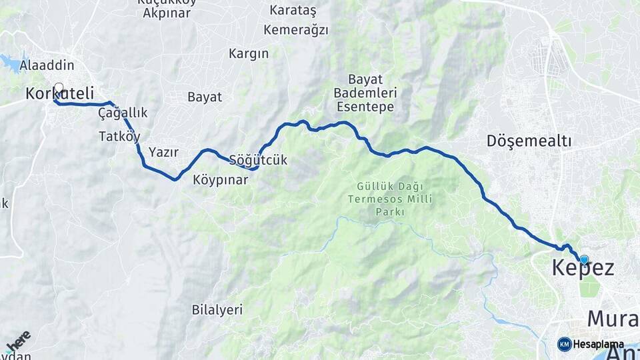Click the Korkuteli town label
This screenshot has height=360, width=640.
pyautogui.click(x=59, y=94)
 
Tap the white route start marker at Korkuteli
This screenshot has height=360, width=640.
pyautogui.click(x=59, y=87)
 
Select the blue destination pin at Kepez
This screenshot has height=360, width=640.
pyautogui.click(x=585, y=260)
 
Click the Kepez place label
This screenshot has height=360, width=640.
pyautogui.click(x=583, y=269)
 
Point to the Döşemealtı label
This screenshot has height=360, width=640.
pyautogui.click(x=529, y=141)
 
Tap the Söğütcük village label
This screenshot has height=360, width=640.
pyautogui.click(x=258, y=160)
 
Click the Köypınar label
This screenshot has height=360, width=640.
pyautogui.click(x=220, y=179)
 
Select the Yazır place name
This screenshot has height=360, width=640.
pyautogui.click(x=164, y=152)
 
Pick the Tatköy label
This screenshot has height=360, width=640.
pyautogui.click(x=119, y=137)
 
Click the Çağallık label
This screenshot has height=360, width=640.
pyautogui.click(x=123, y=113)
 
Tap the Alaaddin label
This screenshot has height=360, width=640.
pyautogui.click(x=47, y=65)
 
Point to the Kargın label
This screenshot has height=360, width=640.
pyautogui.click(x=249, y=53)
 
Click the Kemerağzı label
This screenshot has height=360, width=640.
pyautogui.click(x=296, y=30)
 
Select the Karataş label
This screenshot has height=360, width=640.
pyautogui.click(x=291, y=10)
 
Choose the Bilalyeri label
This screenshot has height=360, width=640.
pyautogui.click(x=217, y=309)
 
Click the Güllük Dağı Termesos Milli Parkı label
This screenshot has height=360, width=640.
pyautogui.click(x=390, y=199)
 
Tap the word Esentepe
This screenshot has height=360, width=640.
pyautogui.click(x=365, y=107)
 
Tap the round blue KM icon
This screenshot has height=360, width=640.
pyautogui.click(x=565, y=344)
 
